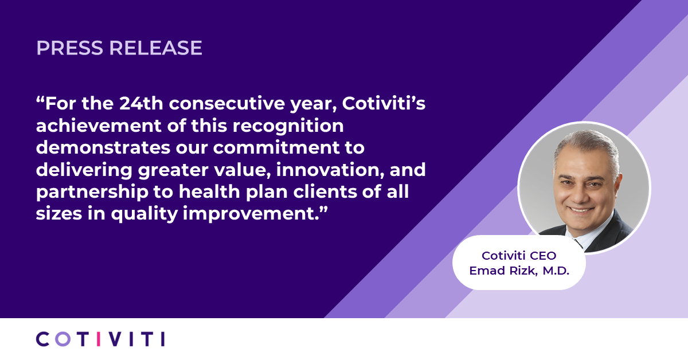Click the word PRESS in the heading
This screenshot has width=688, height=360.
[69, 48]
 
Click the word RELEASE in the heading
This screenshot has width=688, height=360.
[155, 48]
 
